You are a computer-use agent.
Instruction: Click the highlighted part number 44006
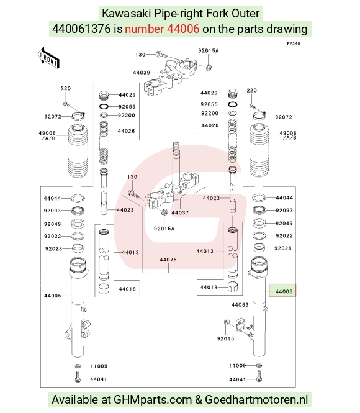[x=284, y=291]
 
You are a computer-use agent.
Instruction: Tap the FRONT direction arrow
[x=48, y=58]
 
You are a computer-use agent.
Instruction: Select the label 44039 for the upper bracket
[x=142, y=73]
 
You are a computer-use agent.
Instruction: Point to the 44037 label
[x=180, y=212]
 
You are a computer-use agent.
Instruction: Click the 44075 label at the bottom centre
[x=168, y=260]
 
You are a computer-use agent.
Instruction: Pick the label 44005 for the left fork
[x=53, y=296]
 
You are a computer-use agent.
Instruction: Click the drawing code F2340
[x=294, y=43]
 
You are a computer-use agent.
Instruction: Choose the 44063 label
[x=240, y=305]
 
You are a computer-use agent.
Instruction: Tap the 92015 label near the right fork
[x=225, y=338]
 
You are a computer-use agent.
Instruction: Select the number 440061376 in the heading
[x=81, y=29]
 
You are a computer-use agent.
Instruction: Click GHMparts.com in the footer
[x=153, y=399]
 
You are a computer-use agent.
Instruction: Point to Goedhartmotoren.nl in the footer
[x=256, y=399]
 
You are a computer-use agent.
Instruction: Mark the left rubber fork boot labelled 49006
[x=78, y=151]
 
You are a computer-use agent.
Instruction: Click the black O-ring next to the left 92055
[x=104, y=107]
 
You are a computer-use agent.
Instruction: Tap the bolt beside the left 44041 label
[x=78, y=376]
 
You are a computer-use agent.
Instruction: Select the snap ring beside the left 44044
[x=78, y=198]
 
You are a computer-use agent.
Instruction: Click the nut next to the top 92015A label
[x=209, y=67]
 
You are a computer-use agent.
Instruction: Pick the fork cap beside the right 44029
[x=232, y=94]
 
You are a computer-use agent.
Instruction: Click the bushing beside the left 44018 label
[x=104, y=289]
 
